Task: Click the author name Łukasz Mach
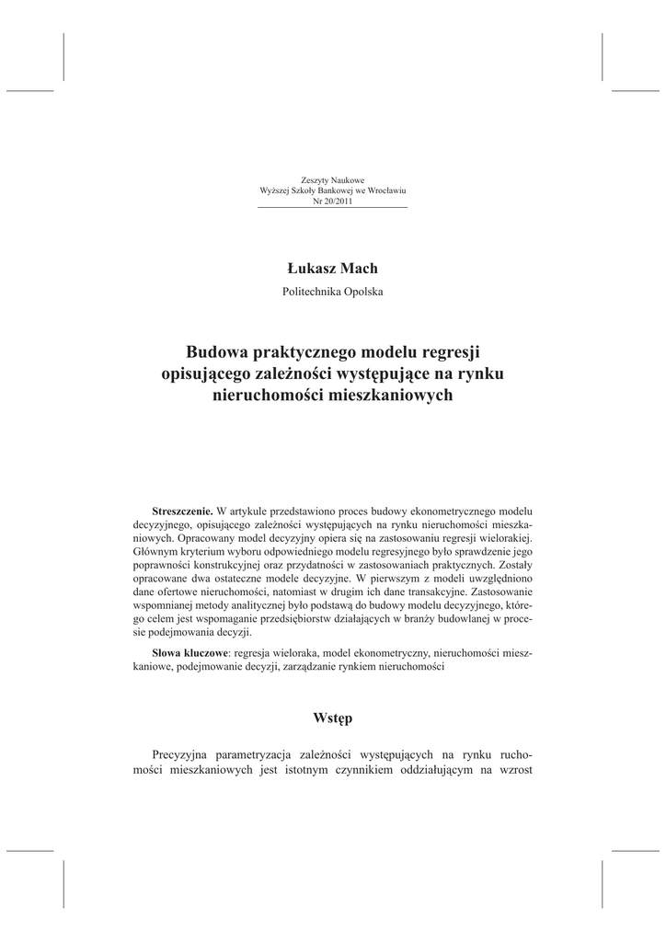pos(332,268)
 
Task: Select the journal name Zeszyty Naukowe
pos(332,178)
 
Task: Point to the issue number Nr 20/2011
pos(332,201)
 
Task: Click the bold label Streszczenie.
pos(182,510)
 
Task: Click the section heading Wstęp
pos(332,717)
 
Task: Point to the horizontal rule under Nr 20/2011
pos(332,209)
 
